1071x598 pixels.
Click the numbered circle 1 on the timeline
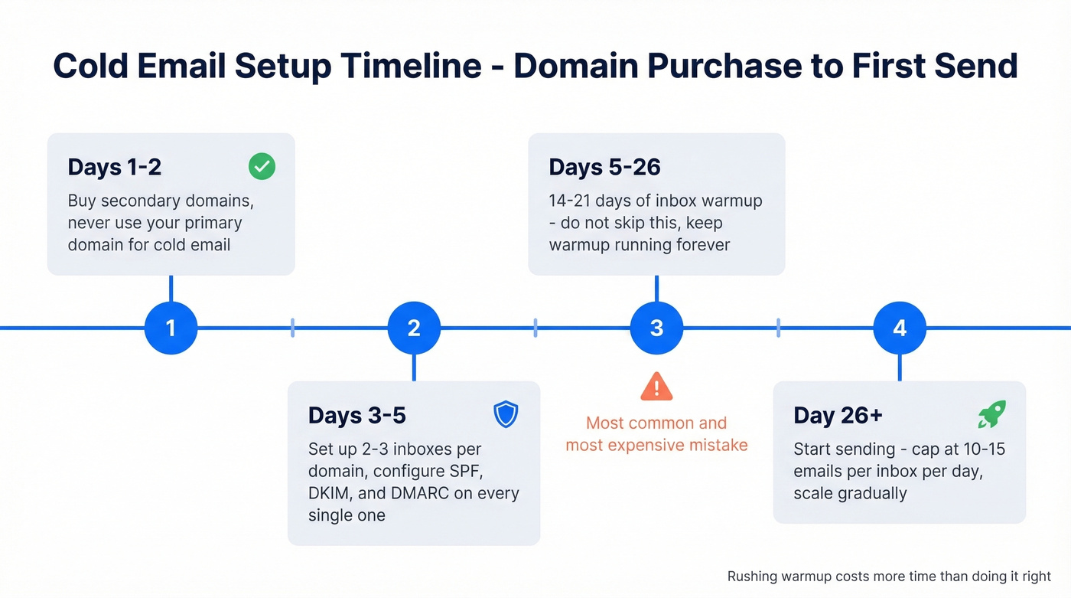click(171, 328)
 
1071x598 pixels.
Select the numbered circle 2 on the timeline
click(414, 328)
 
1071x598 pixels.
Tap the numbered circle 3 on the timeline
click(656, 328)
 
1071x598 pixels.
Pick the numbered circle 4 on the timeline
click(900, 328)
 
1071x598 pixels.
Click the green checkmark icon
click(262, 167)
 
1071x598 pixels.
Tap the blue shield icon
click(506, 415)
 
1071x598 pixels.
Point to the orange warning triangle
click(656, 387)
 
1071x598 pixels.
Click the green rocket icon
click(991, 415)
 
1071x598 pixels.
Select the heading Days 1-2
click(114, 168)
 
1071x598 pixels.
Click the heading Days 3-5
click(356, 416)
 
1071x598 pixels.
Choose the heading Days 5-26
click(604, 168)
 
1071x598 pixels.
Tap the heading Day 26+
click(838, 416)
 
